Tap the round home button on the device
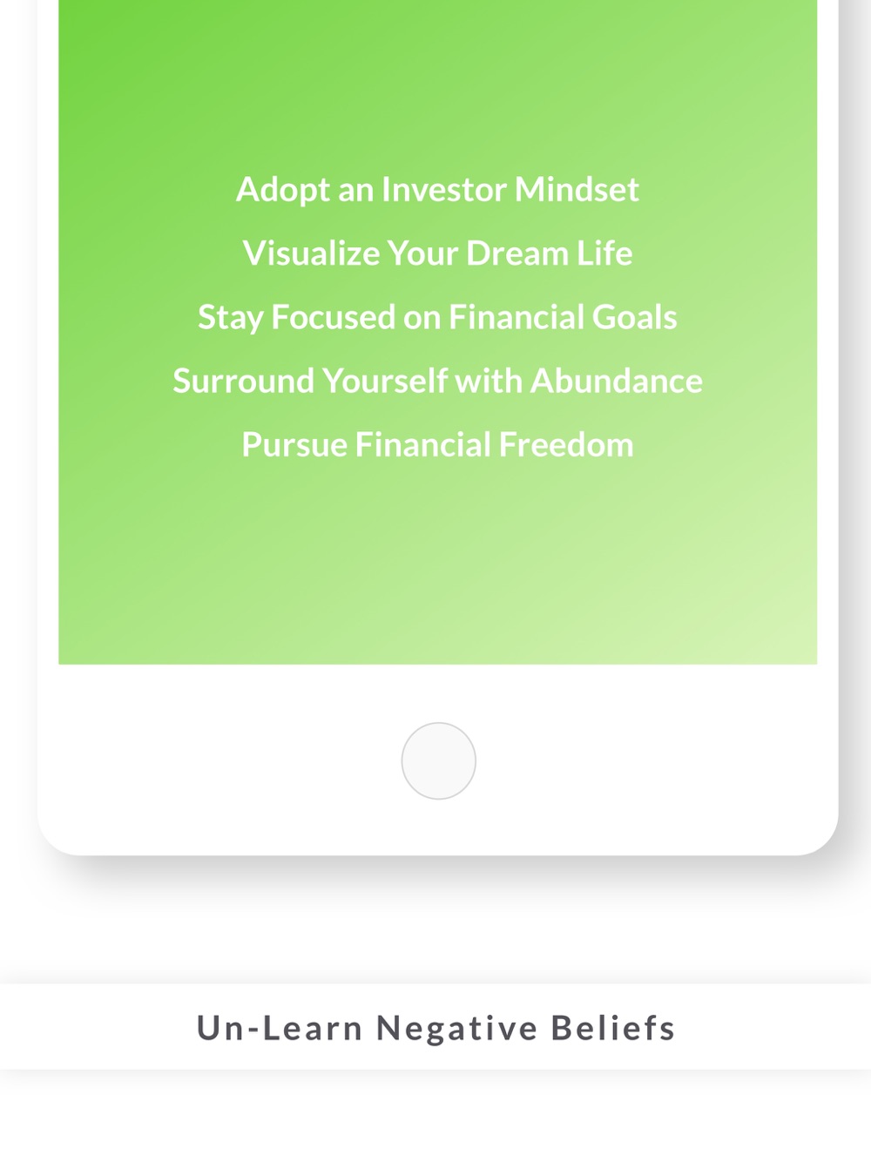438,760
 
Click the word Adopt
283,190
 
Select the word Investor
443,189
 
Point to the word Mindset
577,189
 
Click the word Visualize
311,253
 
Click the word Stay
230,318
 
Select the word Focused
333,316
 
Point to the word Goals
634,316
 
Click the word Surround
243,381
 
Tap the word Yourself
385,381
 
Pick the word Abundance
617,381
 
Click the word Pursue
294,444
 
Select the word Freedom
565,444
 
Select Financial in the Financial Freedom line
422,444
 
